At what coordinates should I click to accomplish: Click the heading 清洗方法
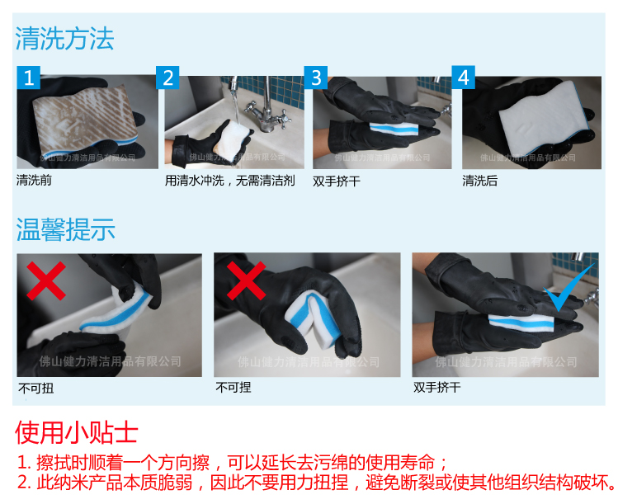coord(65,38)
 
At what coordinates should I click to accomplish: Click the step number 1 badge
coord(29,78)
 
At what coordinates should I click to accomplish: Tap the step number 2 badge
coord(168,78)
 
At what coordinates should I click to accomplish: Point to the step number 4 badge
coord(465,78)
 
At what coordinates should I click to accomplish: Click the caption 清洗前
coord(34,181)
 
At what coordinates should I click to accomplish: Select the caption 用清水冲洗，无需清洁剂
coord(229,181)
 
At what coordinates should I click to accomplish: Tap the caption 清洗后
coord(479,181)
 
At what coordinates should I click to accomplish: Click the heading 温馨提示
coord(65,228)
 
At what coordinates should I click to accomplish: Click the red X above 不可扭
coord(46,281)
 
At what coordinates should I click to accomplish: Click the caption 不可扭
coord(34,387)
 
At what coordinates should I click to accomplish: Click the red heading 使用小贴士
coord(76,433)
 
